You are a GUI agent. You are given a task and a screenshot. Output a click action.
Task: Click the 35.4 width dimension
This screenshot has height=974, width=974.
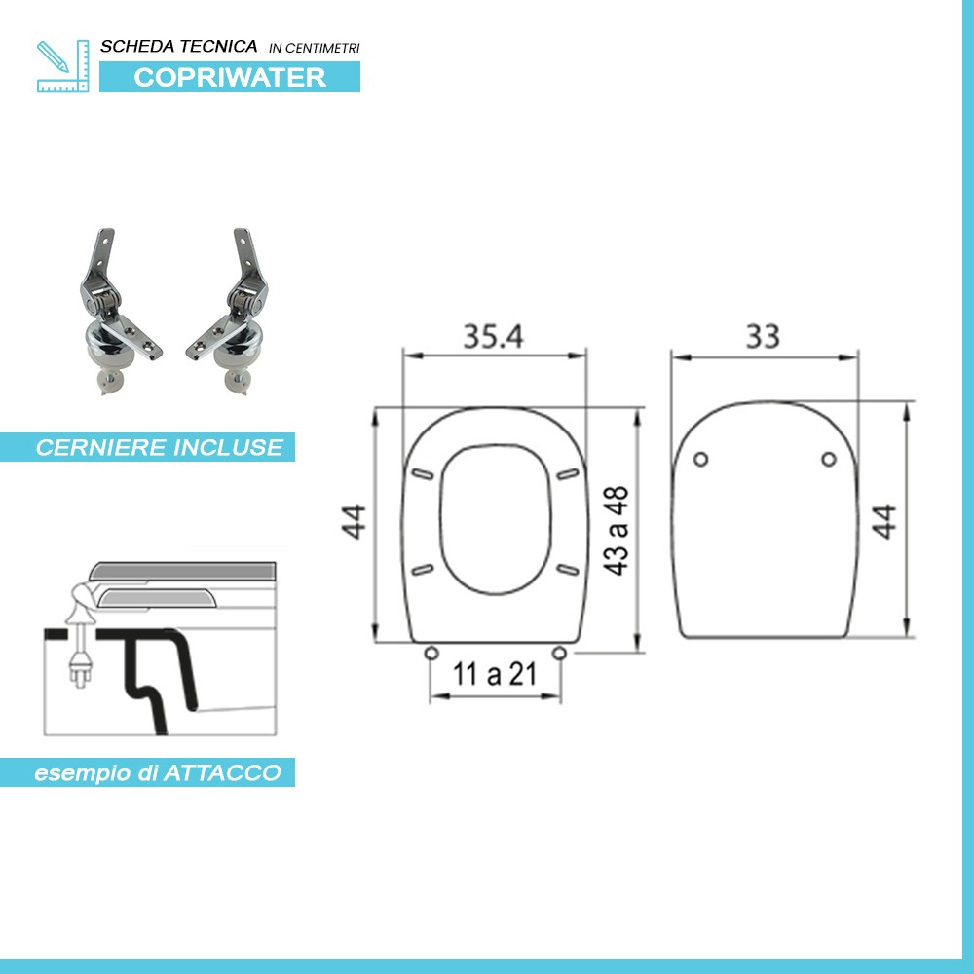tap(493, 336)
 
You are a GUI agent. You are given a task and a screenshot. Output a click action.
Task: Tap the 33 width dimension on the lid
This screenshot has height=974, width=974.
tap(763, 336)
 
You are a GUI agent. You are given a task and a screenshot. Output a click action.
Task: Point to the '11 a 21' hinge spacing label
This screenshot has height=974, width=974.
tap(495, 673)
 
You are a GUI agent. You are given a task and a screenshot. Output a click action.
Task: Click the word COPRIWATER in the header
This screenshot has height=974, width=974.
tap(230, 77)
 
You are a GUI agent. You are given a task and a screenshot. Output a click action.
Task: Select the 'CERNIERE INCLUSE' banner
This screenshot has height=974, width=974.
tap(159, 448)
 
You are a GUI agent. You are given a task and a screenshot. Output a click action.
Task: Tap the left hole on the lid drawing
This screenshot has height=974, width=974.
tap(699, 460)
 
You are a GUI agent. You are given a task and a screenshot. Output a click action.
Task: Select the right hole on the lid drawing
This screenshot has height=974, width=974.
tap(828, 460)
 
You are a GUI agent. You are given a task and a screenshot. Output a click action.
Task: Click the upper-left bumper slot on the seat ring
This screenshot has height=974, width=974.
tap(423, 473)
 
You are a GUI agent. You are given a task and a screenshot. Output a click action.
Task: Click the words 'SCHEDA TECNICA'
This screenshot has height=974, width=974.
tap(179, 47)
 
